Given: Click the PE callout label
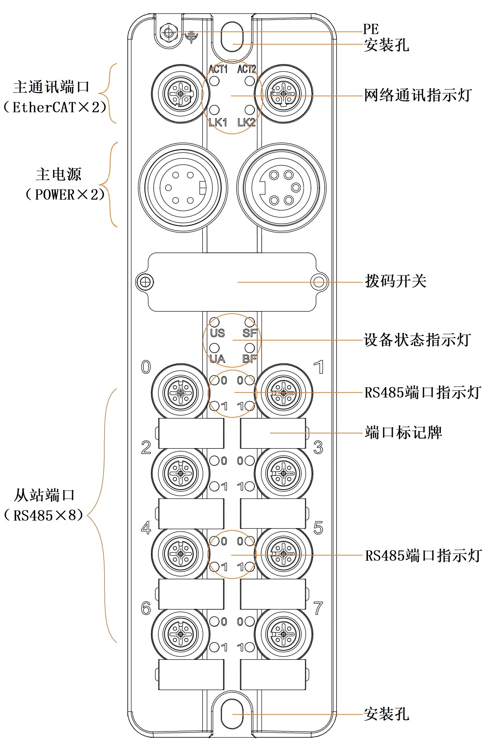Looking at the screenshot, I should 370,29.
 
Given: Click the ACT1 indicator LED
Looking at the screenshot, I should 214,81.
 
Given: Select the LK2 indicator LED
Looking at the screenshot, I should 250,110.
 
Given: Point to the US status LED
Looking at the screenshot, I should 215,322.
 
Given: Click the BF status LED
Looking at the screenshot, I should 250,348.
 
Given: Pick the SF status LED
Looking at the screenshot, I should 250,322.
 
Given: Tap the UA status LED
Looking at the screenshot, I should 215,348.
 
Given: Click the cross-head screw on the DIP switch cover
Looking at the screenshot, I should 145,282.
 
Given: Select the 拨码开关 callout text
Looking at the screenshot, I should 395,281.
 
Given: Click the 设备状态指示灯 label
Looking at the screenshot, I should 417,340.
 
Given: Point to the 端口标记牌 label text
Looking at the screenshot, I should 403,432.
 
